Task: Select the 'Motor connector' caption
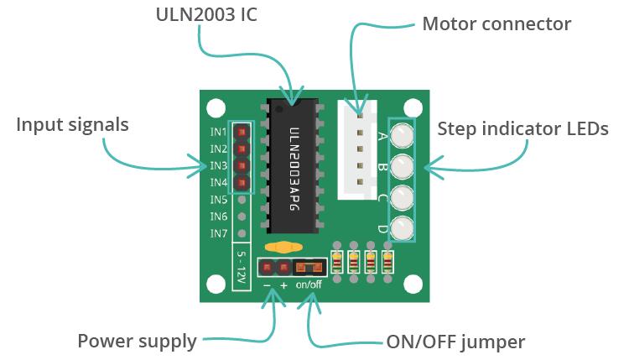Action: coord(496,23)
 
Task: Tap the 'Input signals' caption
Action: coord(73,125)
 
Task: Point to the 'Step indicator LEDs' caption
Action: coord(522,129)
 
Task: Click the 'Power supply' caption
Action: coord(137,342)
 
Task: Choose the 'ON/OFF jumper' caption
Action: coord(455,342)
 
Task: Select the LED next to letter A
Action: coord(403,134)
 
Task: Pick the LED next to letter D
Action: coord(403,227)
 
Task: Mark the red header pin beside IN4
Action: coord(242,183)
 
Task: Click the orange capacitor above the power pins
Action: coord(283,248)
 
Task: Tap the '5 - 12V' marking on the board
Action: coord(242,269)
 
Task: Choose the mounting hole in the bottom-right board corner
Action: coord(412,284)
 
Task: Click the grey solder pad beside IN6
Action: coord(242,217)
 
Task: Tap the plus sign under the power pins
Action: coord(283,285)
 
